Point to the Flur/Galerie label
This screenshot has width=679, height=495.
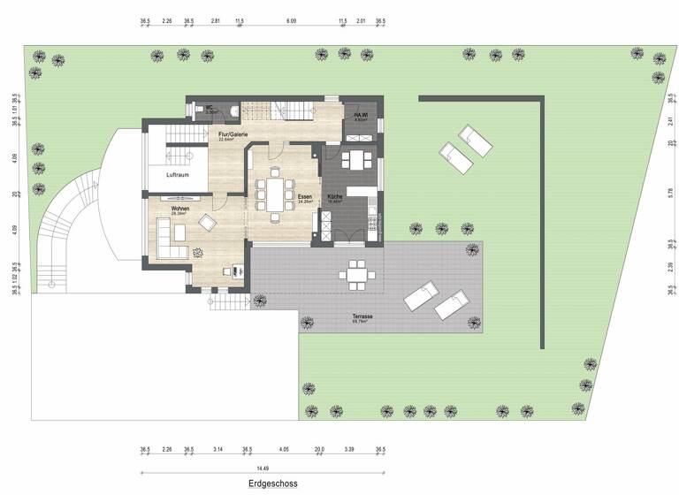click(x=233, y=134)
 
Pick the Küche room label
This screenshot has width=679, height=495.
click(x=334, y=197)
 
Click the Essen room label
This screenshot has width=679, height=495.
click(x=307, y=197)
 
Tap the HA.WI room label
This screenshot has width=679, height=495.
click(x=361, y=116)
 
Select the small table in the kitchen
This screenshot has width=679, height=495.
click(x=357, y=160)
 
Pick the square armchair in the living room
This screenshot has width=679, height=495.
click(x=208, y=222)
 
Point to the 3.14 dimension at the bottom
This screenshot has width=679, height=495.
click(x=218, y=450)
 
